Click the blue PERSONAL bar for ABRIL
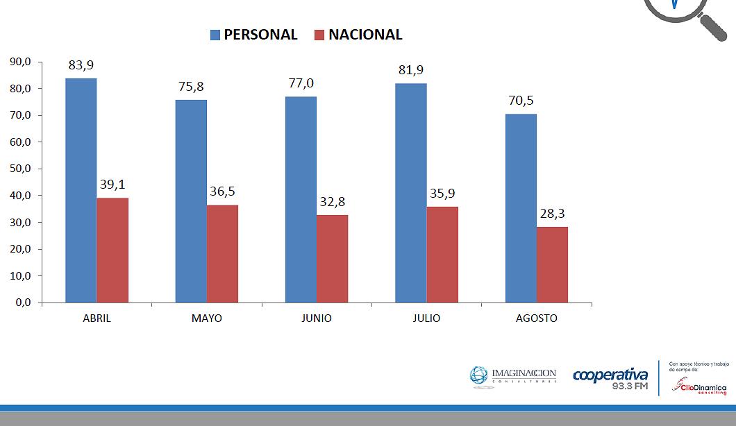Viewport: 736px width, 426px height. (x=81, y=191)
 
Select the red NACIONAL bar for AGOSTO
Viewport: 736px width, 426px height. (x=552, y=265)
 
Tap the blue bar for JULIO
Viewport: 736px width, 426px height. (x=411, y=193)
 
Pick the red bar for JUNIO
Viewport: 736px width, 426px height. (x=332, y=259)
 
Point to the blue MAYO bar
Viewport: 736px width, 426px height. (x=191, y=201)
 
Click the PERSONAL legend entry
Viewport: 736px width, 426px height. (x=254, y=35)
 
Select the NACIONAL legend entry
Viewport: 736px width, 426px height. (x=358, y=35)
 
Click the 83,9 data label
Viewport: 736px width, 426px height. (x=81, y=65)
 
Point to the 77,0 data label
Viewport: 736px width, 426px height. (x=301, y=83)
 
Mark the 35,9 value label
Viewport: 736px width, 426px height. (x=442, y=194)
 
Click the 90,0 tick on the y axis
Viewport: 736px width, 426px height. (x=20, y=62)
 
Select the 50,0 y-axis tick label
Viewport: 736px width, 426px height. (x=20, y=169)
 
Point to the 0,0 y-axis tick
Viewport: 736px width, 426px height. (x=23, y=303)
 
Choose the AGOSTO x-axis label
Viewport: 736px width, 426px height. (x=537, y=318)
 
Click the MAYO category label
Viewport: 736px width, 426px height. (x=207, y=318)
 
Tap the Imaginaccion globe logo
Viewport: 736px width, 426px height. (x=480, y=375)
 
